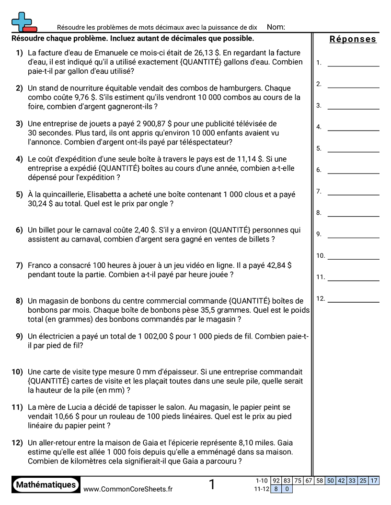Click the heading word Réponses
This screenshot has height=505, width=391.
[x=353, y=39]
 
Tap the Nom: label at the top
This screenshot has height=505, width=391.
[x=276, y=27]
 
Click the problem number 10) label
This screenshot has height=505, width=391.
[x=17, y=372]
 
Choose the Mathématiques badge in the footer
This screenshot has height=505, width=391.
[x=46, y=484]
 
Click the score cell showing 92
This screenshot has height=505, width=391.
[x=276, y=481]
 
